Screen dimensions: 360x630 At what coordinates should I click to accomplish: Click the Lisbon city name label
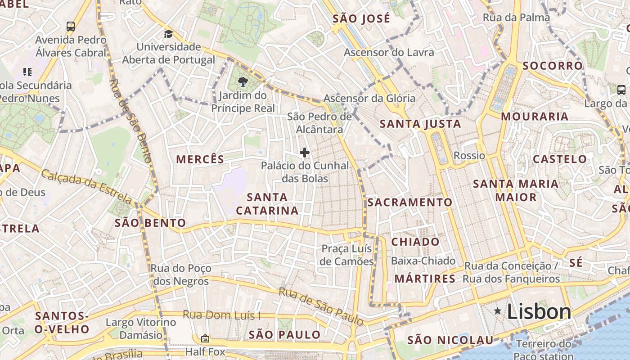click(539, 312)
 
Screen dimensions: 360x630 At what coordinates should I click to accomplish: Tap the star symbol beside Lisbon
click(498, 310)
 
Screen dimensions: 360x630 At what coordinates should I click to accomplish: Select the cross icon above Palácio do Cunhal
click(305, 153)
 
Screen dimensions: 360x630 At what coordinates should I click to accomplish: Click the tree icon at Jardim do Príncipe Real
click(243, 82)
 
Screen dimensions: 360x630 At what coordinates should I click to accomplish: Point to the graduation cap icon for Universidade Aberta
click(168, 34)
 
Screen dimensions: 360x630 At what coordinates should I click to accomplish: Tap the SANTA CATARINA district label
click(267, 204)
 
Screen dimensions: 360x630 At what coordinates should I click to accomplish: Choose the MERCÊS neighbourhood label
click(200, 159)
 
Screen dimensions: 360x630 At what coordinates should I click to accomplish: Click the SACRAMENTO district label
click(409, 202)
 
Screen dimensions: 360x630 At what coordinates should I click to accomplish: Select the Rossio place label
click(469, 156)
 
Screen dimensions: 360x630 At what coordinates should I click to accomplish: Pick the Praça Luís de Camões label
click(347, 255)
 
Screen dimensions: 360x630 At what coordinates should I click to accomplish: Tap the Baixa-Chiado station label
click(423, 261)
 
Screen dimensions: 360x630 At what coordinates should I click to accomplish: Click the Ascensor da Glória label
click(369, 98)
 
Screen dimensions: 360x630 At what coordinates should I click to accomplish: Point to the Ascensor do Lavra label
click(389, 52)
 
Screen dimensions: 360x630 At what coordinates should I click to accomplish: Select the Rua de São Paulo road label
click(321, 306)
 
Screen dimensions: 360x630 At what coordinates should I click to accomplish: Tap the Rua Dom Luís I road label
click(221, 315)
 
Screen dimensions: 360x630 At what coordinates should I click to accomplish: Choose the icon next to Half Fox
click(205, 338)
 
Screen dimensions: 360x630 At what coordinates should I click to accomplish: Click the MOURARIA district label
click(535, 117)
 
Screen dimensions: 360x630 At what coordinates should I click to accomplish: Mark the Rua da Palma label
click(516, 18)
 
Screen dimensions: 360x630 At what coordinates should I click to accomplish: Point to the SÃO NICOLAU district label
click(450, 340)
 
